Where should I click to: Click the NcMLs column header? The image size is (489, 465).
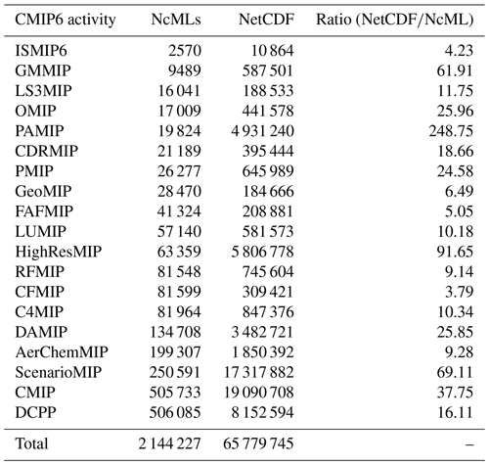[176, 20]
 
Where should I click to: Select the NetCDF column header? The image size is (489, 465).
[266, 20]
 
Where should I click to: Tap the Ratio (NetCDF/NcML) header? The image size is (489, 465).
[395, 20]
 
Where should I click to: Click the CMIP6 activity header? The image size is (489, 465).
[66, 20]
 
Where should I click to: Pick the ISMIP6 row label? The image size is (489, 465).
[41, 51]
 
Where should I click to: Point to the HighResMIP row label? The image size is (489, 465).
[59, 252]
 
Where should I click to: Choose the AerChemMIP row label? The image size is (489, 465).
[62, 352]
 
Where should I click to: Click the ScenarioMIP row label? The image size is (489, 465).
[59, 372]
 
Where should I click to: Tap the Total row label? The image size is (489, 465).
[31, 443]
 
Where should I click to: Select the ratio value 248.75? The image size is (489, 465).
[451, 131]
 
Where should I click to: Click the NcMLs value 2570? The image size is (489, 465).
[185, 51]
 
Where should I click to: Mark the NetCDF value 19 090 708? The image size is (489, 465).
[259, 393]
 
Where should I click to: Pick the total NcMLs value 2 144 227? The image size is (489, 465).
[169, 443]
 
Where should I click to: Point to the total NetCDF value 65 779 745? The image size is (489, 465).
[258, 443]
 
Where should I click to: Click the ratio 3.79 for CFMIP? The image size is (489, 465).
[460, 292]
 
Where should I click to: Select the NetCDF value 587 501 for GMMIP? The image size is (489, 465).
[268, 70]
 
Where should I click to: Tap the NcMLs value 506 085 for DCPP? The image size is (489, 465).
[175, 412]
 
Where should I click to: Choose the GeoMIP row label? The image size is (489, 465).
[43, 191]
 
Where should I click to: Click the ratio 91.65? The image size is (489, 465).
[455, 252]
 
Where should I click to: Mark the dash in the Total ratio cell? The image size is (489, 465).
[469, 444]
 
